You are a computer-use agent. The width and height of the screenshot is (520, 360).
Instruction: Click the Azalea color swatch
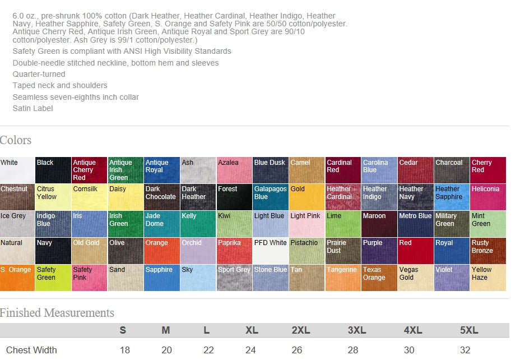[234, 170]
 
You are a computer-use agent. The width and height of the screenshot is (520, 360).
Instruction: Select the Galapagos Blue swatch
[270, 197]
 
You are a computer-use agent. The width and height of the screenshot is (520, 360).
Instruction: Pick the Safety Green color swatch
[53, 278]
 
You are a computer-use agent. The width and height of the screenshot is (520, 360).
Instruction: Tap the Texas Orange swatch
[379, 278]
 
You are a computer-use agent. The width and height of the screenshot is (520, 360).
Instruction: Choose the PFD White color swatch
[270, 251]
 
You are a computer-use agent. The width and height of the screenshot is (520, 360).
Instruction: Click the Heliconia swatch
[488, 197]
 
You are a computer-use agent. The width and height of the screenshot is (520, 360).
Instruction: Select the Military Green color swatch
[452, 224]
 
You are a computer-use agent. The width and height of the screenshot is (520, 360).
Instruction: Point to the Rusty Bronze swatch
[488, 251]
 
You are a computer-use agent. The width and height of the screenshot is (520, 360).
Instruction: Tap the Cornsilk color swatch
[89, 197]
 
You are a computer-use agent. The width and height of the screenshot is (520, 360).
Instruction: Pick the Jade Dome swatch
[161, 224]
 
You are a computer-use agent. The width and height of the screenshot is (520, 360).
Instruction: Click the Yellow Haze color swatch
[488, 278]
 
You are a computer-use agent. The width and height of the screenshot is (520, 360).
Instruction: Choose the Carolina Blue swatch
[379, 170]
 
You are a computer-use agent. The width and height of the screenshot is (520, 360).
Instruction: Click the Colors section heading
[16, 140]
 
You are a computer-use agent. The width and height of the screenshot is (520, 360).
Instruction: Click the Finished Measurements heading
[57, 313]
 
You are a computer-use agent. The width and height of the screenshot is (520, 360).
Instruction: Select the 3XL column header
[356, 330]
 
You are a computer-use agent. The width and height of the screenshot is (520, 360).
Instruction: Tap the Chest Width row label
[31, 350]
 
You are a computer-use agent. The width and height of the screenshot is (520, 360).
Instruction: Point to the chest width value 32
[465, 350]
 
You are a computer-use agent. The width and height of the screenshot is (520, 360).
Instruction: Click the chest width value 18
[124, 350]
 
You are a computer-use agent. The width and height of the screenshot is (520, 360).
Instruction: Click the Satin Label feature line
[33, 108]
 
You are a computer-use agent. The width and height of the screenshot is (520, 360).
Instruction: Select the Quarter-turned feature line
[39, 74]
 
